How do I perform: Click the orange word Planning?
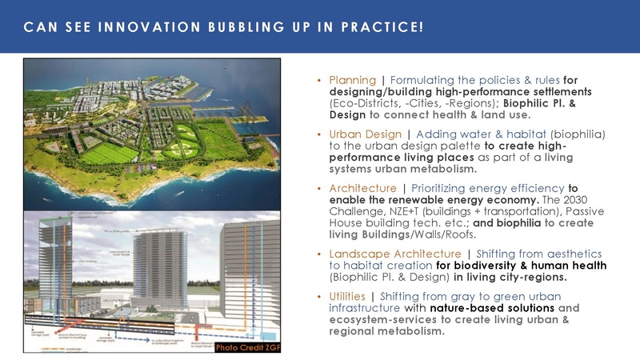pos(352,80)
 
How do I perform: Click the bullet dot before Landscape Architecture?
pos(320,254)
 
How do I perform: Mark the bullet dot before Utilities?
pos(320,296)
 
